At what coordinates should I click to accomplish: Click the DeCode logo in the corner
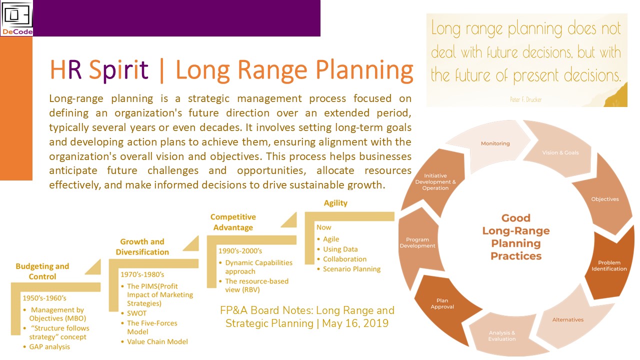pos(16,18)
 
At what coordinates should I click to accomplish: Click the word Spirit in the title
pos(118,70)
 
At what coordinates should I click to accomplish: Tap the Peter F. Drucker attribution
pos(525,99)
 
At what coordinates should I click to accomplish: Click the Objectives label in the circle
pos(605,199)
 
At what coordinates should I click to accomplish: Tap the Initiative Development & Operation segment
pos(434,183)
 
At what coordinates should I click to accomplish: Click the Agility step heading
pos(335,203)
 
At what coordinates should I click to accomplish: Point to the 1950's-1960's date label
pos(44,298)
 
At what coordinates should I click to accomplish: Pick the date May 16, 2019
pos(355,323)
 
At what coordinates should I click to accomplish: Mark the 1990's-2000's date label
pos(240,251)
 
